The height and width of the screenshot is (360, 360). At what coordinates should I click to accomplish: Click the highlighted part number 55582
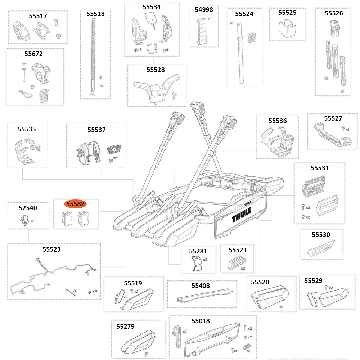pyautogui.click(x=75, y=204)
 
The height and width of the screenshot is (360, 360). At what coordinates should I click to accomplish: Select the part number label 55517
pyautogui.click(x=38, y=16)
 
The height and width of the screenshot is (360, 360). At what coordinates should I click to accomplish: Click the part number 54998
pyautogui.click(x=204, y=10)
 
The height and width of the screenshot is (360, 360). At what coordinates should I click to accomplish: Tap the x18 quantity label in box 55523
pyautogui.click(x=95, y=291)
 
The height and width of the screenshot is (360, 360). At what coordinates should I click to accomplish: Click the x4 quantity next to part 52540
pyautogui.click(x=33, y=220)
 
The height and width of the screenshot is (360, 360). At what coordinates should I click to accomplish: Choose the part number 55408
pyautogui.click(x=201, y=286)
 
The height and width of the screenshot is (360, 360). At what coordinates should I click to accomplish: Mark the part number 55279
pyautogui.click(x=125, y=327)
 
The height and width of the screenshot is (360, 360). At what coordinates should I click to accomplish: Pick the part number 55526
pyautogui.click(x=334, y=13)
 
